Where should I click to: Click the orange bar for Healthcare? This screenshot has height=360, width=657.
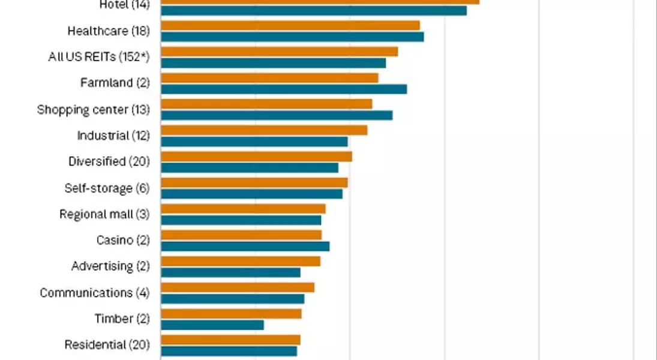click(x=290, y=25)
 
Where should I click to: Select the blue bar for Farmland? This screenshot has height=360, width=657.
click(x=284, y=89)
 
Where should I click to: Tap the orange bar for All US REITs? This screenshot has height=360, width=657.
click(x=280, y=52)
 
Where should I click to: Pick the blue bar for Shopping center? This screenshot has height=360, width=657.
click(x=277, y=115)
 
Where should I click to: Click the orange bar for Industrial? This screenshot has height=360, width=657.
click(x=264, y=130)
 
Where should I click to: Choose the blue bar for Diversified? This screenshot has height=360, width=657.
click(x=250, y=167)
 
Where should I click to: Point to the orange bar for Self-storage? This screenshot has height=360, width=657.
click(x=254, y=182)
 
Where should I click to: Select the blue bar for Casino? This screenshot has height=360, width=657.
click(x=245, y=246)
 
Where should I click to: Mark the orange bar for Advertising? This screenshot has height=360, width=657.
click(x=241, y=261)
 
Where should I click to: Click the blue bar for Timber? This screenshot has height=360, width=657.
click(x=212, y=325)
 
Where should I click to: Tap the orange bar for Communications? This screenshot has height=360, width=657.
click(x=238, y=287)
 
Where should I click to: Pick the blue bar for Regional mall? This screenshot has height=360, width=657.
click(x=241, y=220)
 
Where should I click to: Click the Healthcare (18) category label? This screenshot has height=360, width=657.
click(x=108, y=31)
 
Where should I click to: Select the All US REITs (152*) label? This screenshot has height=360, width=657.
click(x=98, y=57)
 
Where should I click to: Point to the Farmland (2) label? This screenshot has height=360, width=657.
click(x=115, y=83)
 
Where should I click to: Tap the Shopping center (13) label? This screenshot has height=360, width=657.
click(x=93, y=109)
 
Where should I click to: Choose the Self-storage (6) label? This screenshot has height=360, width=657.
click(x=107, y=188)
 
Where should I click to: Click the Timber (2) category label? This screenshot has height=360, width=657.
click(x=122, y=319)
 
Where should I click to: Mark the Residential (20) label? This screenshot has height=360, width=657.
click(x=107, y=344)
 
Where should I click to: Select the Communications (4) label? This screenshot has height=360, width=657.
click(x=94, y=293)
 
